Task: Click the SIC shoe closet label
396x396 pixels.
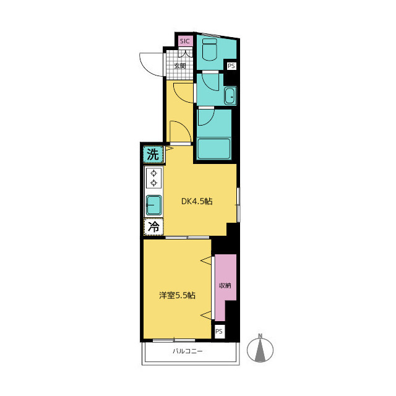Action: [x=185, y=41]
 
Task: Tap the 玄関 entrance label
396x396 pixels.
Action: [x=180, y=66]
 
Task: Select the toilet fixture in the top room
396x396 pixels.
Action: [x=210, y=49]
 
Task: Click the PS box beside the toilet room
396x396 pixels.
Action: [x=231, y=66]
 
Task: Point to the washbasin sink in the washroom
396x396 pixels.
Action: [x=230, y=96]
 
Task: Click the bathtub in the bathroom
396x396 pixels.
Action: [x=213, y=148]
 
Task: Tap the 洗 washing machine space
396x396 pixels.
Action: [x=153, y=154]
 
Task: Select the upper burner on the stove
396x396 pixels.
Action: [x=154, y=173]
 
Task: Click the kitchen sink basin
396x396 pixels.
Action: [x=153, y=205]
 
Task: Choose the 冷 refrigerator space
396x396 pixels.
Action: [x=153, y=226]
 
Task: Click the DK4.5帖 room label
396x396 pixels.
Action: [x=197, y=201]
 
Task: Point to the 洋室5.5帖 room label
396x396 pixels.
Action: [x=178, y=295]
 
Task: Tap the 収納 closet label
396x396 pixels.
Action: [x=225, y=286]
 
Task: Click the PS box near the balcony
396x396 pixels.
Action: [x=219, y=331]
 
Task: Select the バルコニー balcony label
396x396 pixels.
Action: [x=187, y=351]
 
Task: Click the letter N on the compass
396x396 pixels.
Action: [x=260, y=336]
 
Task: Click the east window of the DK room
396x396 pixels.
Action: [x=238, y=205]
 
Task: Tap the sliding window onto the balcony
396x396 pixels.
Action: [x=174, y=340]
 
